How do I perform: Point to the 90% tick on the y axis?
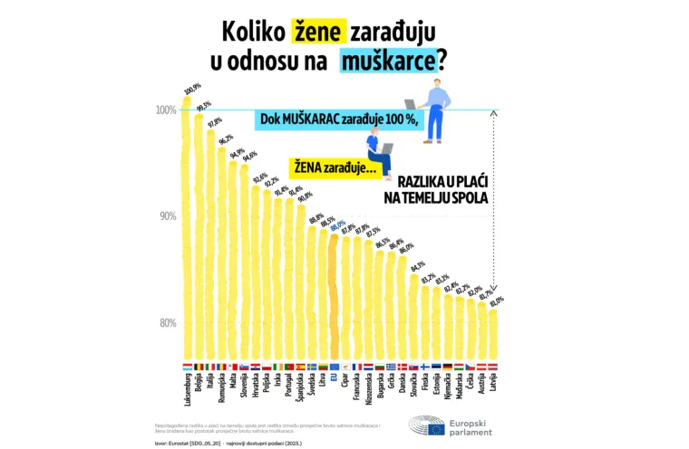coord(167,216)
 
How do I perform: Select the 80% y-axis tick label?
coord(167,323)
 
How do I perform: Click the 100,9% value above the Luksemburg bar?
coord(191,90)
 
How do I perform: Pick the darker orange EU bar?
coord(334,299)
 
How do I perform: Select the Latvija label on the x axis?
coord(492,385)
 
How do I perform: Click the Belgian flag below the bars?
coord(199,367)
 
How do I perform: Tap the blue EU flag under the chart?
coord(334,367)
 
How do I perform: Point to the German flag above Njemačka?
coord(448,367)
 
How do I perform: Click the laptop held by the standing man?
coord(412,105)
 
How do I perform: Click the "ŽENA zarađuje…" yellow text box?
coord(328,167)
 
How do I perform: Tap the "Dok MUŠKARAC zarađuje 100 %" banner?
coord(339,119)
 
